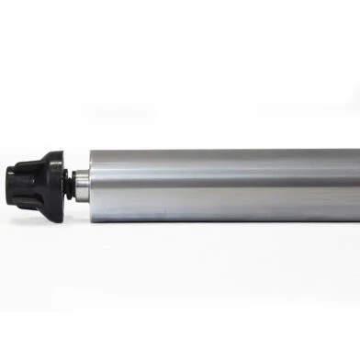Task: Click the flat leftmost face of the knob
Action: point(9,175)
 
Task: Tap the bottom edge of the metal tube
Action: point(220,220)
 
